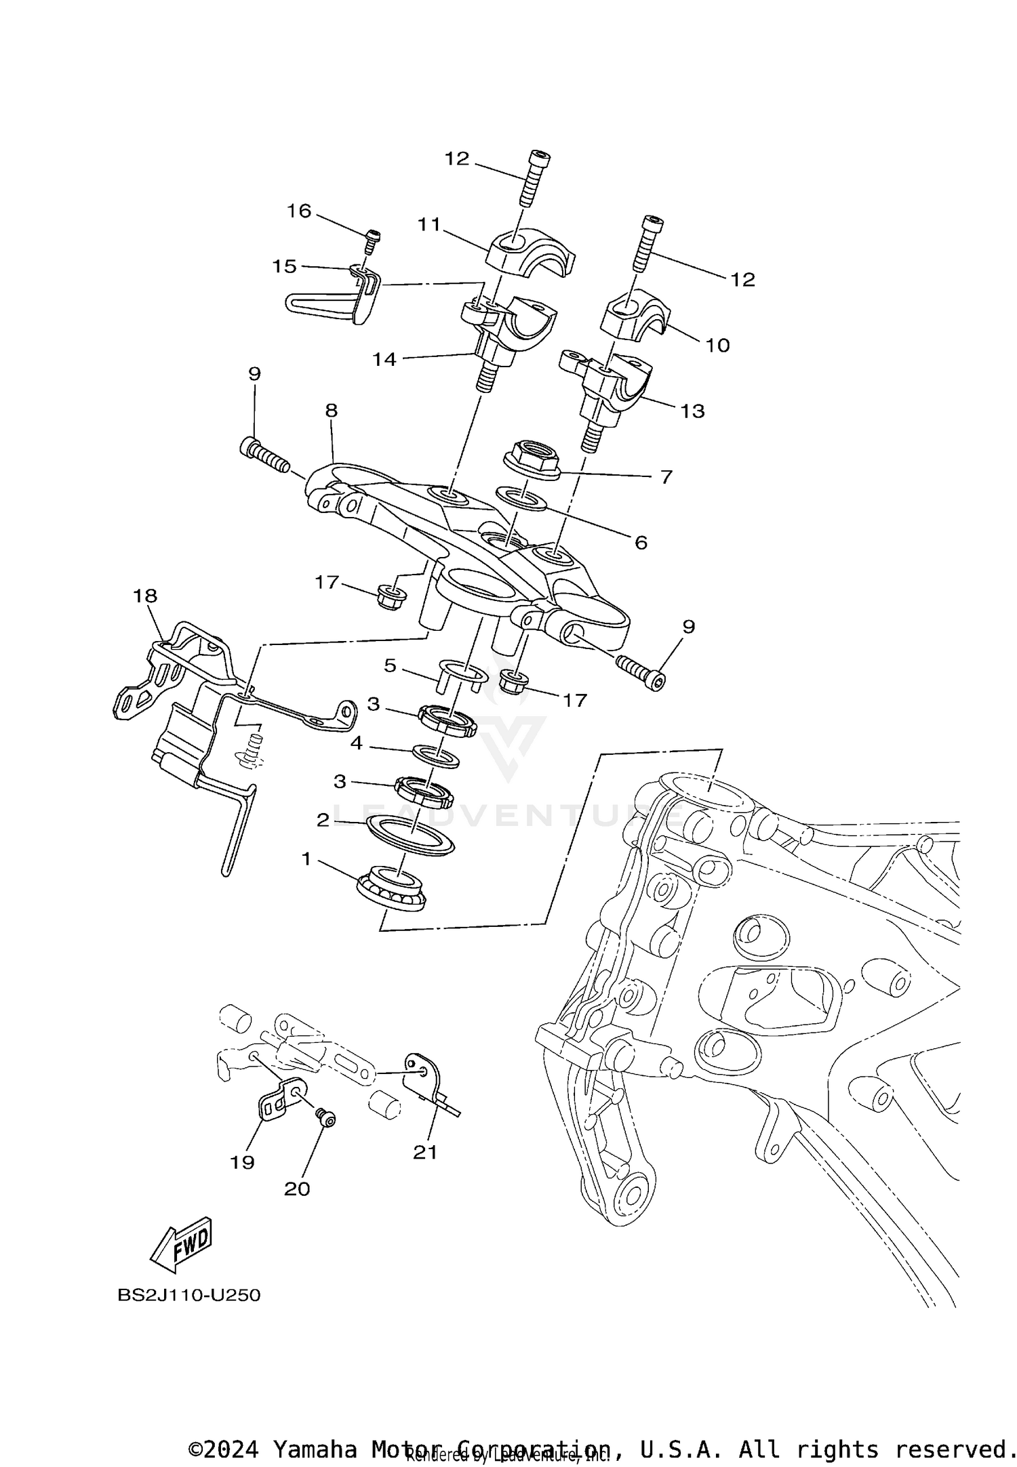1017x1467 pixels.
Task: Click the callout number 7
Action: point(666,477)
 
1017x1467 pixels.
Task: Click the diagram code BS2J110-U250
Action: point(189,1295)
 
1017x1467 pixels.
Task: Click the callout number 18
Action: point(145,596)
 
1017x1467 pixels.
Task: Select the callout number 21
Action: point(426,1152)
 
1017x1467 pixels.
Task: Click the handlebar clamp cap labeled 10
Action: point(636,315)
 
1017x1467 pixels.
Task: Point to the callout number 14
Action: point(384,359)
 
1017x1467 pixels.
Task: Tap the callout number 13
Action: point(693,411)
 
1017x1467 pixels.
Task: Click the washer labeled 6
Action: point(521,498)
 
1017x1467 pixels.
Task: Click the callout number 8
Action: point(331,410)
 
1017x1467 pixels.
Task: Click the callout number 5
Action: point(390,665)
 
